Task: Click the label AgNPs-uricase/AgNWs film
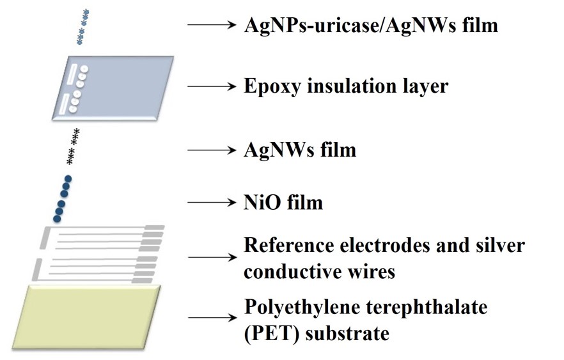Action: click(x=370, y=26)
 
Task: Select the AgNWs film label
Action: click(x=299, y=150)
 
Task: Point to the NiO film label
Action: click(x=283, y=203)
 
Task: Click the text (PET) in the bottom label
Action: click(x=268, y=333)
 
